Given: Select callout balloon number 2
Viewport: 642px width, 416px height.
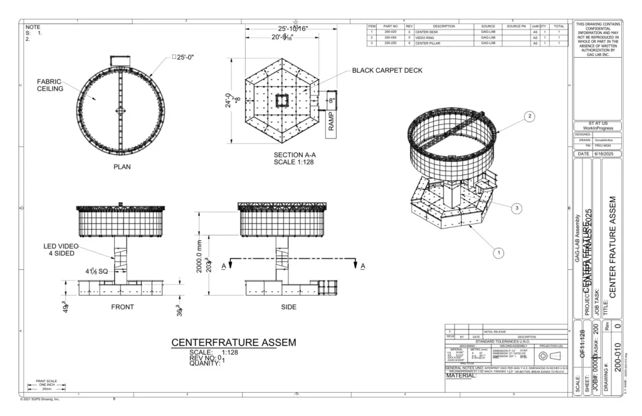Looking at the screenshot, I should click(530, 117).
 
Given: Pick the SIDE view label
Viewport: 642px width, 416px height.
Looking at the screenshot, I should click(289, 307).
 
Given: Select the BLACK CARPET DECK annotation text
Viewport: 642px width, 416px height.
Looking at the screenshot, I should click(387, 70).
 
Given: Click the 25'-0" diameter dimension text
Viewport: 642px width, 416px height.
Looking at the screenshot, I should click(182, 58).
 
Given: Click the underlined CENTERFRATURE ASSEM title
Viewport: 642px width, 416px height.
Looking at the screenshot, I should click(233, 343).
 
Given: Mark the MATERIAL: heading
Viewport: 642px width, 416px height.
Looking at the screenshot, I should click(461, 376).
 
